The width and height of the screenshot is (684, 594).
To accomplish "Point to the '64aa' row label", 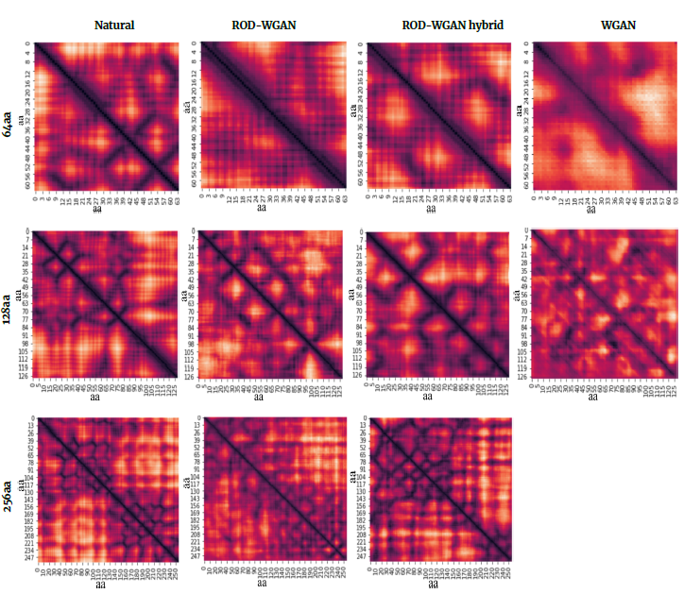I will click(x=9, y=123).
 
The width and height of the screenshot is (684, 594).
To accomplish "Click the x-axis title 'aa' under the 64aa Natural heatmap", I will click(x=97, y=211).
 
